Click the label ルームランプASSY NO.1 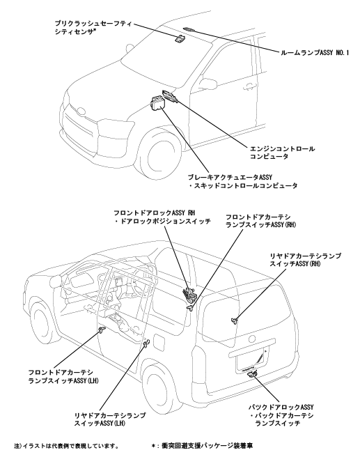(x=315, y=53)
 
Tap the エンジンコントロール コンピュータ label (x=282, y=153)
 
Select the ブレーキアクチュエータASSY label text (x=230, y=177)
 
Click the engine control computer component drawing (x=170, y=96)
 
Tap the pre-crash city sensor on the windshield (x=180, y=38)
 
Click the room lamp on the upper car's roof (x=190, y=29)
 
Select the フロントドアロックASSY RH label (x=154, y=213)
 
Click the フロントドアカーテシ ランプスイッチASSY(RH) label (x=261, y=222)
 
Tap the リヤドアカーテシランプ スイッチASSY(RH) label (x=305, y=260)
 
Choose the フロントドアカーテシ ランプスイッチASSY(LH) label (x=63, y=377)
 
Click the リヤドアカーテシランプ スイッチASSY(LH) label (x=110, y=419)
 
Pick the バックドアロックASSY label (x=281, y=407)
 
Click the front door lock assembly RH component (x=188, y=294)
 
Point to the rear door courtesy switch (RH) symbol (x=234, y=320)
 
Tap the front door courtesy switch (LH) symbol (x=102, y=330)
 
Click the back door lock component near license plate (x=251, y=374)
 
